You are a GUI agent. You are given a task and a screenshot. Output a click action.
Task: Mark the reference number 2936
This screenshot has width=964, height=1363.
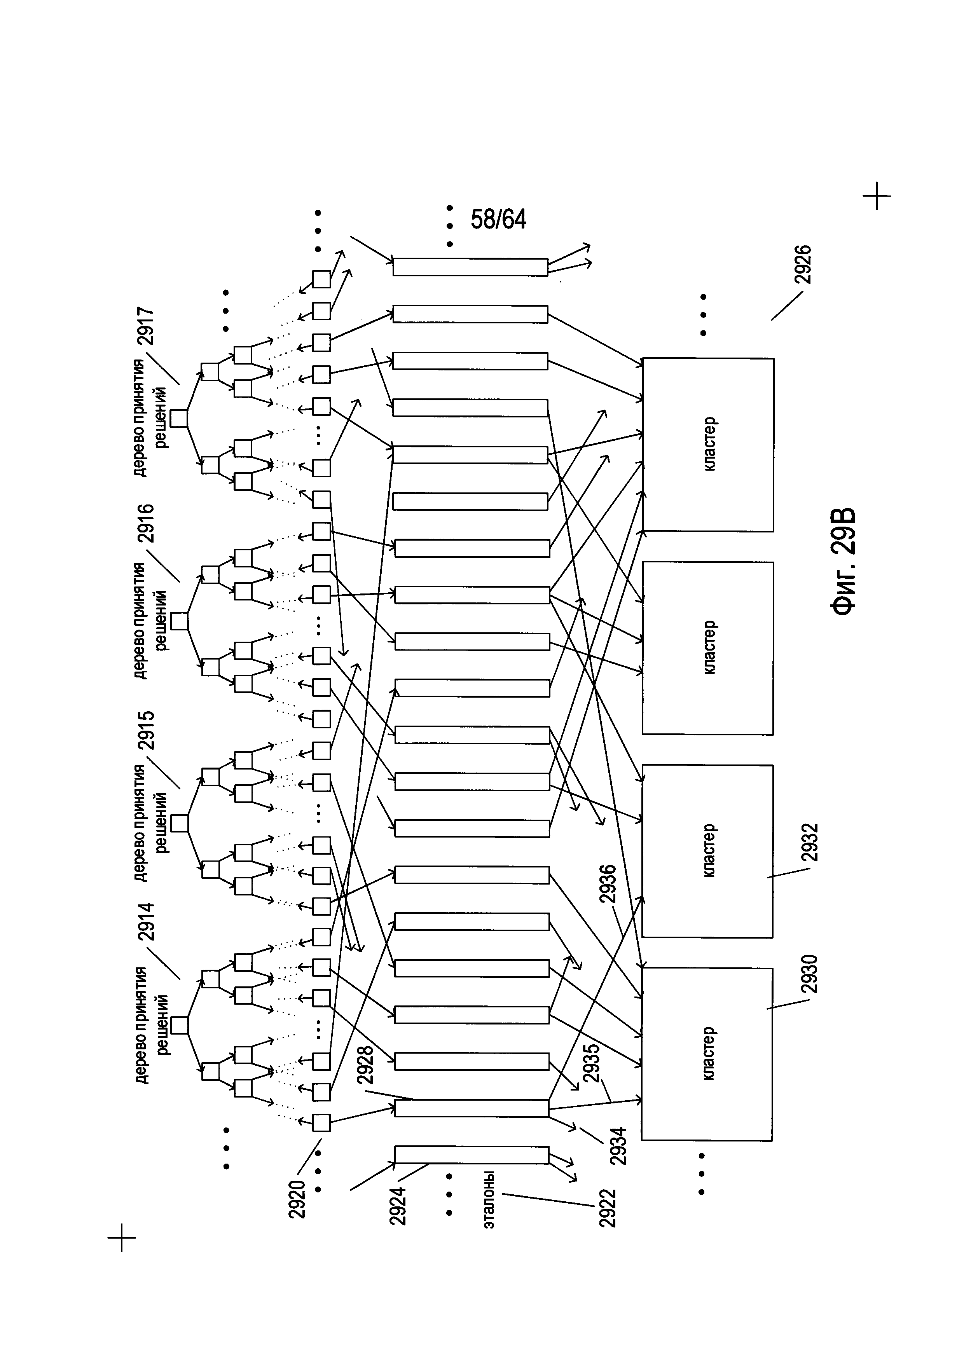click(608, 885)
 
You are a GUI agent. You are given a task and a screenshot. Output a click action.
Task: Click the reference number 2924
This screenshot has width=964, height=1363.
click(397, 1206)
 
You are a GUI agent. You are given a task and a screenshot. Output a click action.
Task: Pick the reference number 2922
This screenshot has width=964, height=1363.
click(607, 1209)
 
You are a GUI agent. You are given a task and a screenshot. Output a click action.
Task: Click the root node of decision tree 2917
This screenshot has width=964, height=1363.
click(179, 419)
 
